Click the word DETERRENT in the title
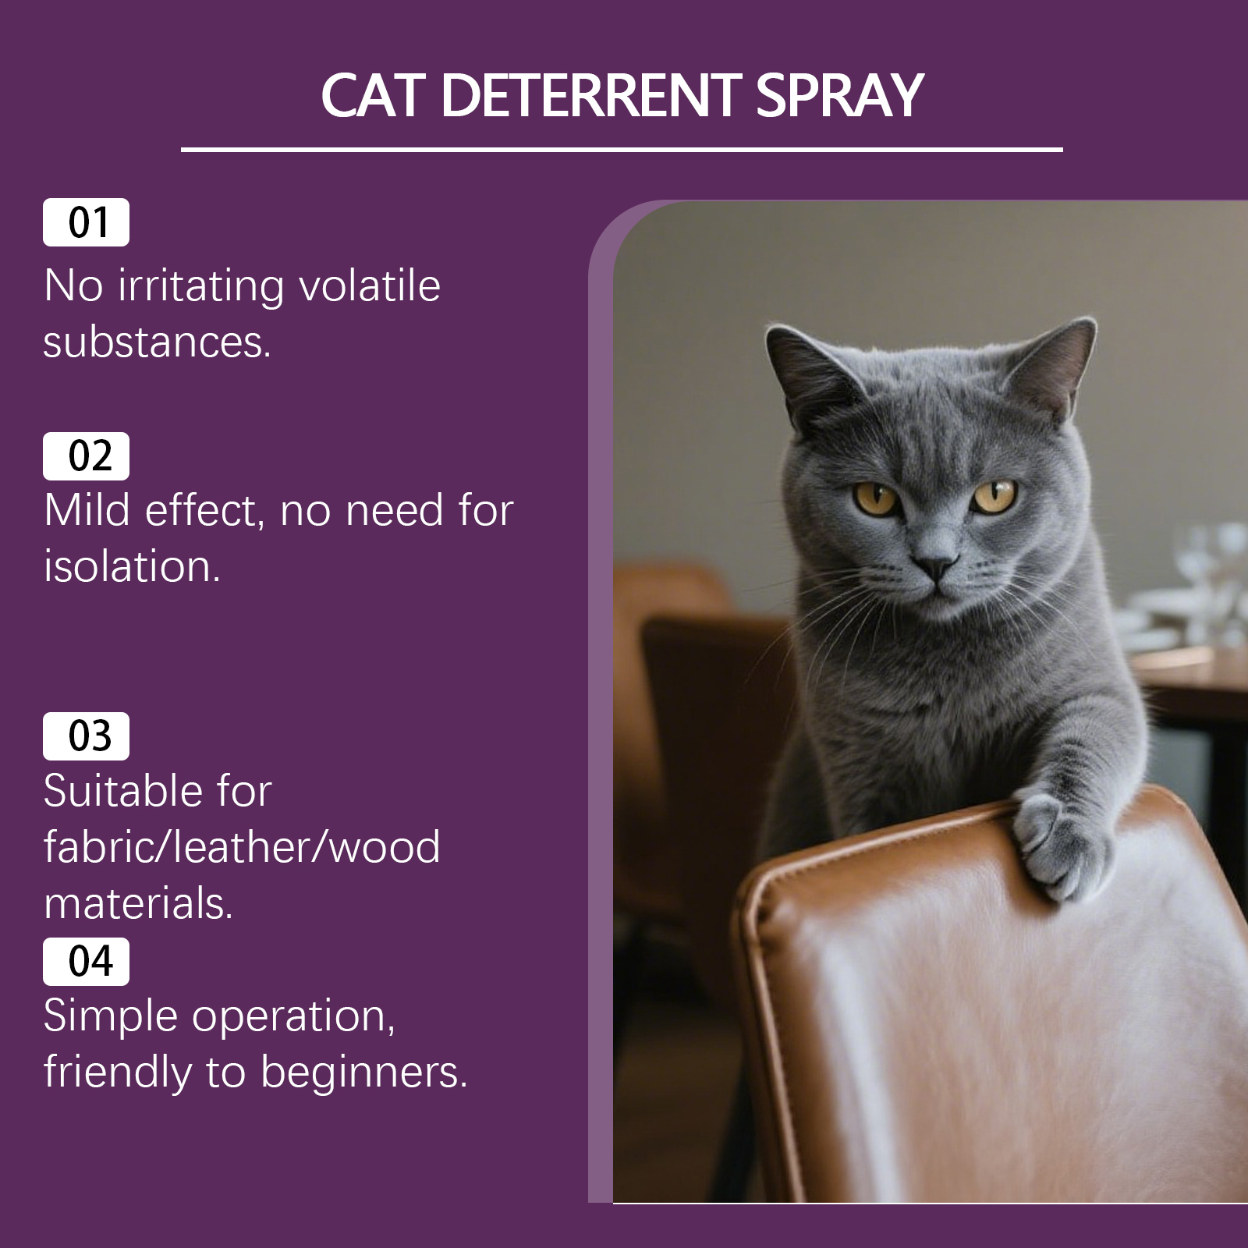point(592,96)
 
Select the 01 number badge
point(86,222)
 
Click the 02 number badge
point(86,456)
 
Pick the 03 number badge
point(86,736)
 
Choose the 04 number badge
point(86,961)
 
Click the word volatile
point(370,285)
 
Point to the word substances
point(157,342)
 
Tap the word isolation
point(132,566)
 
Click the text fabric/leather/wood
point(242,847)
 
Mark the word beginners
point(363,1073)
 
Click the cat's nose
point(935,563)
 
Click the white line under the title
point(622,148)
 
